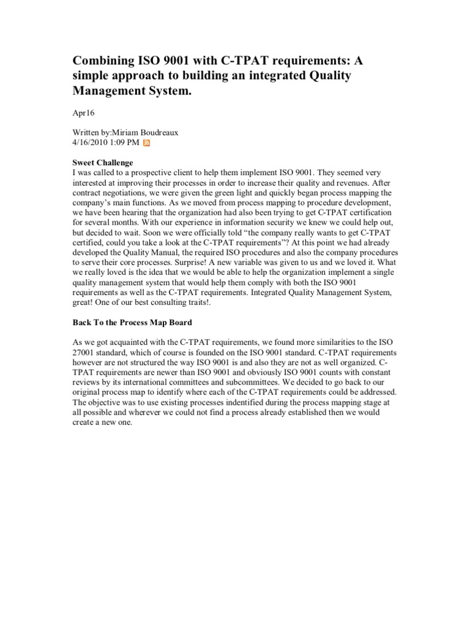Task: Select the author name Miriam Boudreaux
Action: click(x=149, y=133)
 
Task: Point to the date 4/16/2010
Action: click(x=92, y=143)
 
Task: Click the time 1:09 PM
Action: click(x=127, y=143)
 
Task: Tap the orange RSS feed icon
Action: click(x=147, y=143)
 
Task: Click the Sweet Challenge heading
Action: click(x=103, y=163)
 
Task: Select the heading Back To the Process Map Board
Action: click(x=133, y=322)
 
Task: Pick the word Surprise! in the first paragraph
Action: click(x=182, y=261)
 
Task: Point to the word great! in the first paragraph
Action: click(x=85, y=301)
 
